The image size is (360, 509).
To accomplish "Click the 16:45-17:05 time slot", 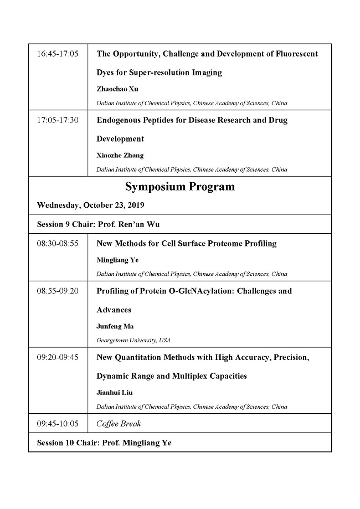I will (x=58, y=54).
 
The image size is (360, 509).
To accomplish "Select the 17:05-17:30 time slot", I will (x=58, y=120).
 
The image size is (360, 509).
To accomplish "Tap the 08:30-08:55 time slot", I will (x=58, y=243).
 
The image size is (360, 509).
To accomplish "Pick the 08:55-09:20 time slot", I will (x=58, y=291).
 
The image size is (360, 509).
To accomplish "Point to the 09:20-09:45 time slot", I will (x=58, y=357).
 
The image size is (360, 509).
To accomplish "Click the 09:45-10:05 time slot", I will (x=58, y=424).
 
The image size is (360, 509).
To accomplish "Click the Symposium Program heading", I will (x=179, y=187).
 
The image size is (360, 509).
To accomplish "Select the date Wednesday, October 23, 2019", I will (x=90, y=205).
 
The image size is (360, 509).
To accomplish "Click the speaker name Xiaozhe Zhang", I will (x=120, y=155).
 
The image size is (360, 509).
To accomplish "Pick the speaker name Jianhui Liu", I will (x=115, y=392).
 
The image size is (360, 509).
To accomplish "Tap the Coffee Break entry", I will (x=119, y=424).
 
